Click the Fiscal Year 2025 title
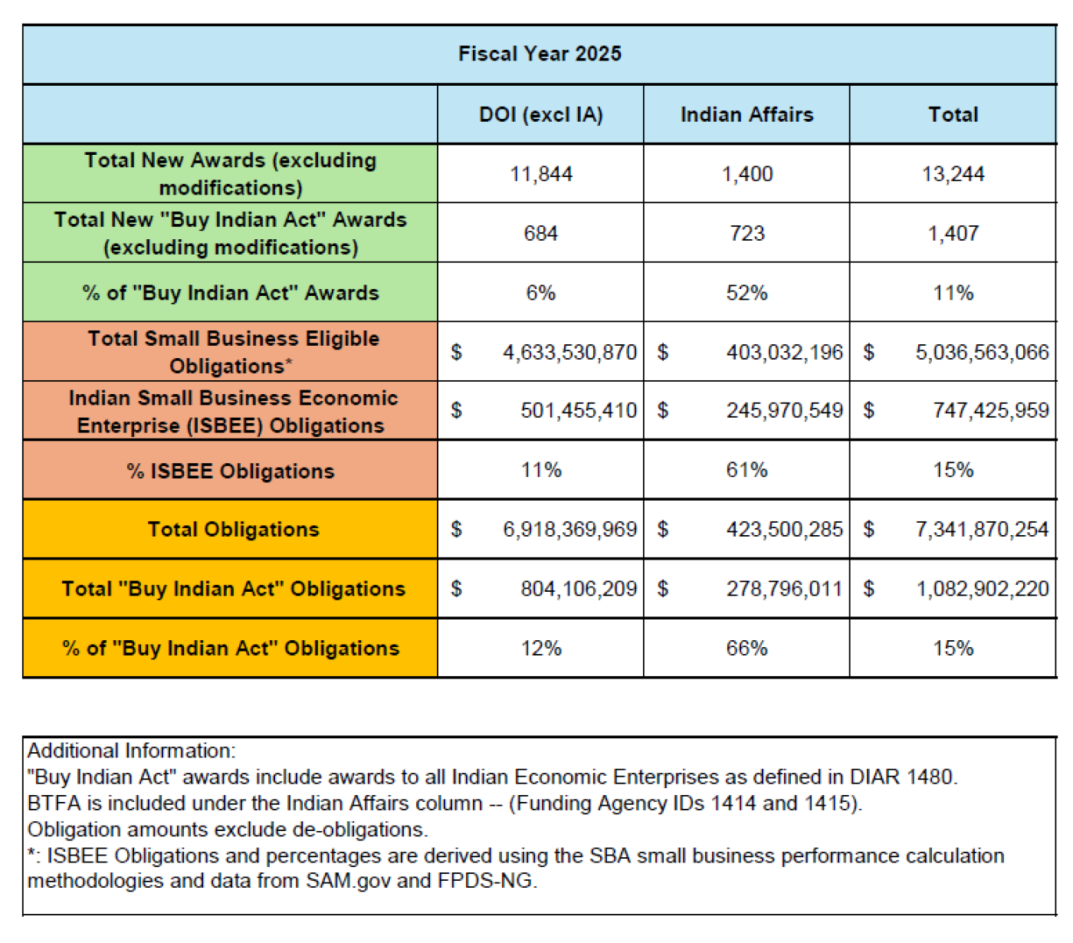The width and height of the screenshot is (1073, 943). pos(540,54)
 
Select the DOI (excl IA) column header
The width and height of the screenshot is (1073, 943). pos(540,114)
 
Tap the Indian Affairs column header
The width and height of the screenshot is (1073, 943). pos(747,114)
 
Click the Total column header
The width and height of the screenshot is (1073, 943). pos(953,114)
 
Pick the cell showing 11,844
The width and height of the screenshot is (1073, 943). pos(541,174)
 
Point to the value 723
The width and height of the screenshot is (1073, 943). pos(747,233)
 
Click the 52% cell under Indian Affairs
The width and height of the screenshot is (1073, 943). pos(747,293)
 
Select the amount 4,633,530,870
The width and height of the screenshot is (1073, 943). pos(569,352)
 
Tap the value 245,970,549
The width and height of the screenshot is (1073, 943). pos(784,411)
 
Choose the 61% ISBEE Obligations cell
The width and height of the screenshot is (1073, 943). pos(747,470)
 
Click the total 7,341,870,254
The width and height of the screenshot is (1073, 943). pos(981,529)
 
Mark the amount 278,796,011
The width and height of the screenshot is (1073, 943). pos(784,589)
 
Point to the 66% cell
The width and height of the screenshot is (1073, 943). pos(747,649)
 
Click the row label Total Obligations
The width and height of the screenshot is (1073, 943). pos(233,529)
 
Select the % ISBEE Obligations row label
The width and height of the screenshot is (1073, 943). pos(231,471)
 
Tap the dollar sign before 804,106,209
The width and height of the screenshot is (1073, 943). pos(456,589)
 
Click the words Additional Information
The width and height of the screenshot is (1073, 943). pos(131,751)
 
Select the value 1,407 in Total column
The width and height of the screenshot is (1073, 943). pos(953,233)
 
